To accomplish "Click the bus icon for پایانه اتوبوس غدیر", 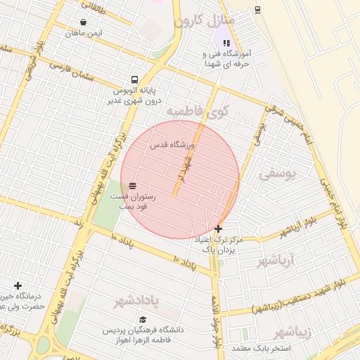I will tap(134, 80).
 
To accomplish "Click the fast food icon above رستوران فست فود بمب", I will tap(132, 185).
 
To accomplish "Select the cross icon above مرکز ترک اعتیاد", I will tap(218, 229).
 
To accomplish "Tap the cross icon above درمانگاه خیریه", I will tap(18, 285).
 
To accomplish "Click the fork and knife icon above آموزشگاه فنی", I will tap(226, 43).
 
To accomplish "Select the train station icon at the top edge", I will tap(257, 8).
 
